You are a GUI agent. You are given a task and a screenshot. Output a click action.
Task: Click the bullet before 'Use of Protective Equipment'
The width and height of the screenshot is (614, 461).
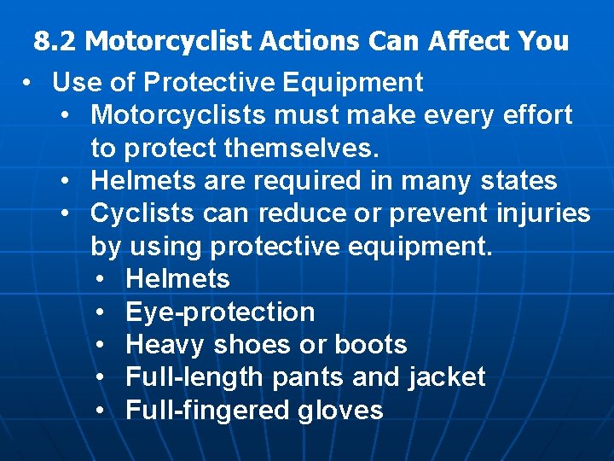(28, 83)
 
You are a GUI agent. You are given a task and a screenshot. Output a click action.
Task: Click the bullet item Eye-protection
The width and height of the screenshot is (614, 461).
(220, 312)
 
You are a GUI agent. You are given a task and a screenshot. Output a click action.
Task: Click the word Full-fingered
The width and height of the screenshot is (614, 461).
(208, 411)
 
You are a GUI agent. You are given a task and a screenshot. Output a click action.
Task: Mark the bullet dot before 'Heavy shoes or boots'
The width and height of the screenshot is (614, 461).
(100, 345)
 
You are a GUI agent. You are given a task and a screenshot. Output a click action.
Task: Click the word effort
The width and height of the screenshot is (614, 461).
(533, 114)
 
